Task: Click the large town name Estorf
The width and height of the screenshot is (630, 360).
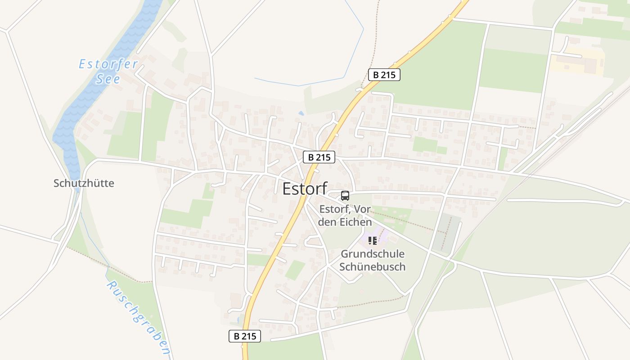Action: pos(305,189)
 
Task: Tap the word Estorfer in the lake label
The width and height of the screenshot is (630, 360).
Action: pos(108,64)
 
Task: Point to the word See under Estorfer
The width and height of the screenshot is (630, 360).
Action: pos(108,79)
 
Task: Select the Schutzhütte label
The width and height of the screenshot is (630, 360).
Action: pos(84,183)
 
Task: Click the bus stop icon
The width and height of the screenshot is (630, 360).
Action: pos(345,196)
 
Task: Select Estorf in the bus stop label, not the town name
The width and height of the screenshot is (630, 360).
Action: pos(333,209)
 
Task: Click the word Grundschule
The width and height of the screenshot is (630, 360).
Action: pos(373,254)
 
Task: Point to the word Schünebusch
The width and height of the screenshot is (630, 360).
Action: pos(373,267)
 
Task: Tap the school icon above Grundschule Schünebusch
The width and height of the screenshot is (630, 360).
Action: pos(373,241)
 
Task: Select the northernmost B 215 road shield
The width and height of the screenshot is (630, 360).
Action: pos(384,75)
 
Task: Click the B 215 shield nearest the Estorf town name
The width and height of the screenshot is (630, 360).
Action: pos(319,157)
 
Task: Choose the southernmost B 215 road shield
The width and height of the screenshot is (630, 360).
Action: pos(245,336)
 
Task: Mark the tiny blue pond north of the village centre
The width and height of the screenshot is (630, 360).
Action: pos(301,113)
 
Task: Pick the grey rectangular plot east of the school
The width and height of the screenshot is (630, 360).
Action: pos(446,232)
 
